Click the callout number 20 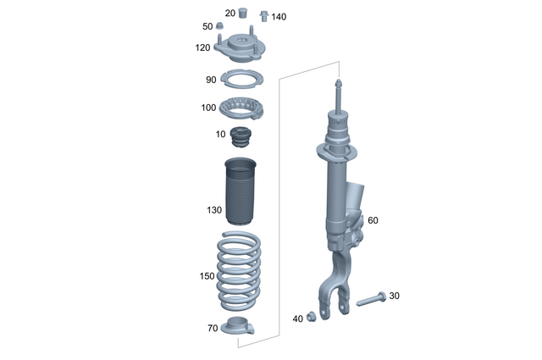click(230, 14)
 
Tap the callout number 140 click(279, 17)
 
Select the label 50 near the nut click(207, 27)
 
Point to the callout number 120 click(202, 47)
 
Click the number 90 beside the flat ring click(211, 80)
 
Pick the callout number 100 click(208, 108)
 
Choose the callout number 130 click(213, 210)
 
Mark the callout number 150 click(207, 276)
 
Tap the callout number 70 click(213, 327)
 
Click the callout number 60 click(373, 220)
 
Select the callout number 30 click(395, 296)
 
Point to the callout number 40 click(297, 318)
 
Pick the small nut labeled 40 click(312, 316)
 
